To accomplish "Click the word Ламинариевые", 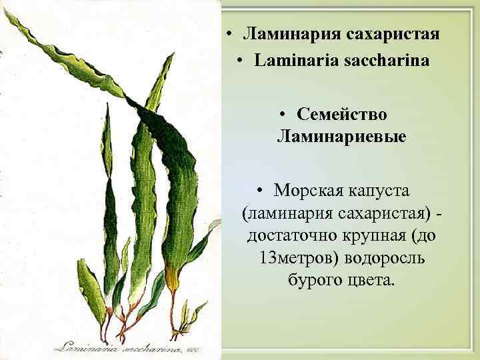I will click(342, 137).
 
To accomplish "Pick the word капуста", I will click(378, 191).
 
